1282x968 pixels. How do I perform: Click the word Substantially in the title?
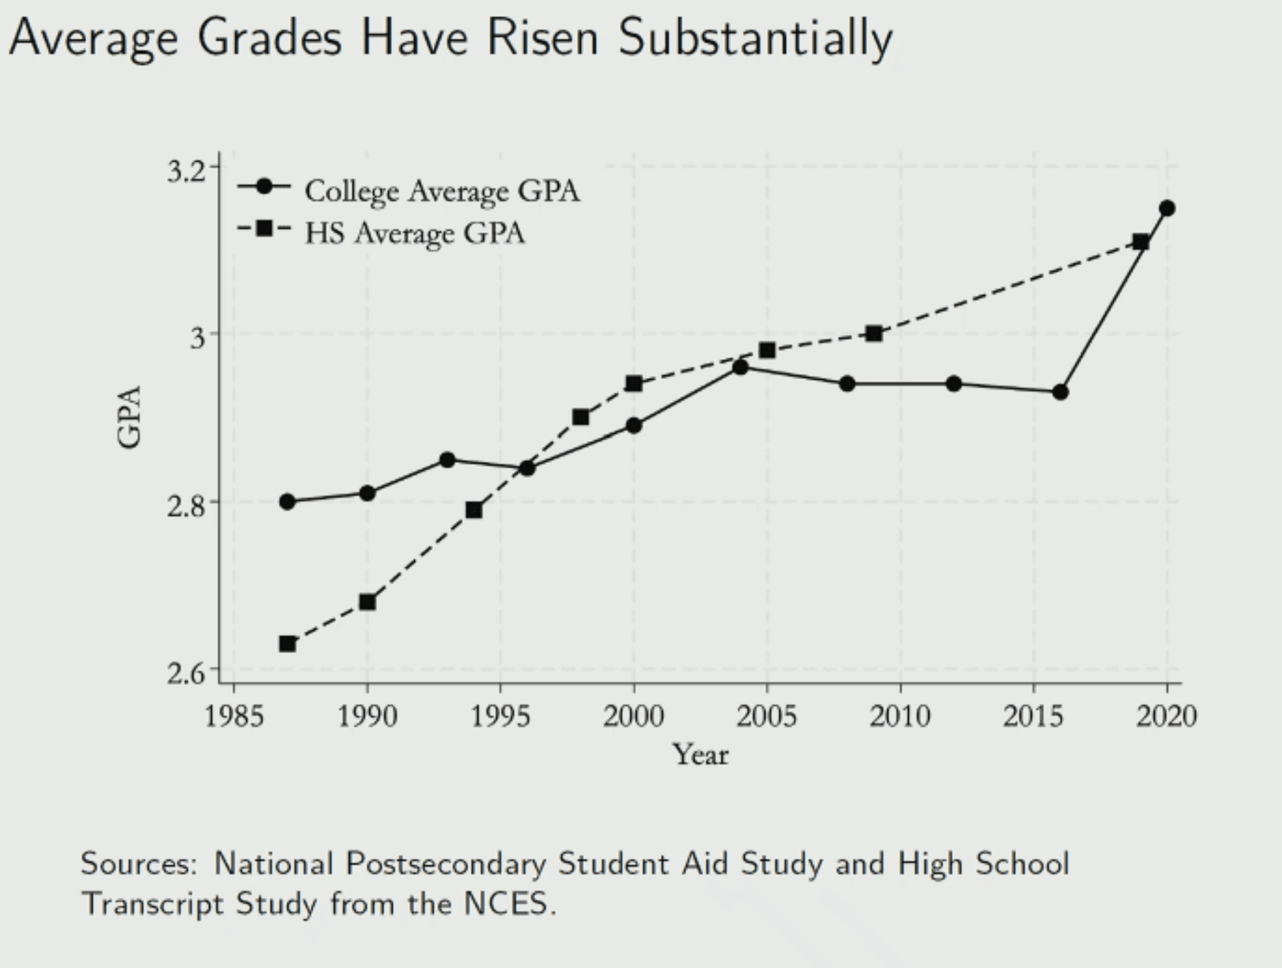tap(755, 38)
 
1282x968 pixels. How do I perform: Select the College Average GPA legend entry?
tap(442, 191)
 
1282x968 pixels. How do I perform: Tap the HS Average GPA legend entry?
tap(414, 233)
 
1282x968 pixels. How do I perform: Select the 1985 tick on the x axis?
tap(234, 715)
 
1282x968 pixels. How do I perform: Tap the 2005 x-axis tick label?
tap(767, 715)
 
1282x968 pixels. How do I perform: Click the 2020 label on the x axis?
tap(1166, 715)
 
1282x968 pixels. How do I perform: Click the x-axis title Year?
tap(701, 755)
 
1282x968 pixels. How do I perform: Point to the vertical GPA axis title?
tap(130, 417)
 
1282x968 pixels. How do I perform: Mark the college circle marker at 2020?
tap(1167, 208)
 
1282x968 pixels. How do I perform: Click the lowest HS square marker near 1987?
tap(288, 643)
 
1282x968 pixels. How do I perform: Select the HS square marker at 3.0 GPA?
tap(873, 334)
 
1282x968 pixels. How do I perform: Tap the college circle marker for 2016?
tap(1060, 392)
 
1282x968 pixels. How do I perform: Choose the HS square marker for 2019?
tap(1140, 241)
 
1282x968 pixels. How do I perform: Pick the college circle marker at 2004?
tap(740, 367)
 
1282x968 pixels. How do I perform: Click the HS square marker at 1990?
tap(368, 602)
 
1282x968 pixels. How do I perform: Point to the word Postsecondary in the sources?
tap(446, 864)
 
